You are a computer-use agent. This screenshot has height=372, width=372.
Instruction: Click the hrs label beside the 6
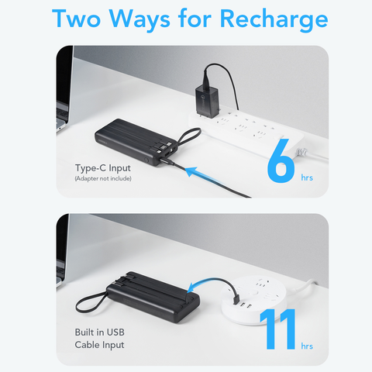(308, 177)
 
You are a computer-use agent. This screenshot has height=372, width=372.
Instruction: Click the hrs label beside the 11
(308, 346)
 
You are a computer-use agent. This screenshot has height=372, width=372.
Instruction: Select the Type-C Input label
(102, 166)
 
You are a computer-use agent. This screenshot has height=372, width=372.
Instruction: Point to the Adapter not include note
(103, 179)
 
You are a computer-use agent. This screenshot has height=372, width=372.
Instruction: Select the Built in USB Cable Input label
(99, 338)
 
